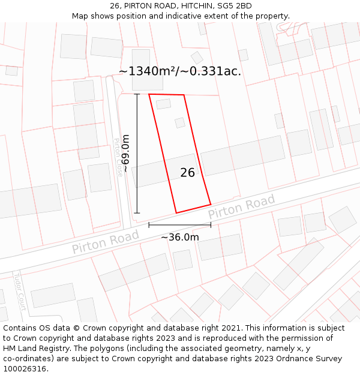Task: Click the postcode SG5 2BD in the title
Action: tap(232, 6)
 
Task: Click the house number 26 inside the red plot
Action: tap(187, 173)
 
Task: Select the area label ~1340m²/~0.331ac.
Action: tap(180, 71)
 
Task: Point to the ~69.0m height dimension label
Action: tap(125, 154)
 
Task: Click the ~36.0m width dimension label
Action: tap(180, 237)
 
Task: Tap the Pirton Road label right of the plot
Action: tap(241, 207)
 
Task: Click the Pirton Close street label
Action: tap(118, 157)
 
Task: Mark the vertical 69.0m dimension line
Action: tap(137, 154)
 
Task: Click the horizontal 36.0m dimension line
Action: tap(180, 225)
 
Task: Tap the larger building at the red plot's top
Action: tap(163, 104)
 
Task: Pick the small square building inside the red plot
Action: tap(180, 122)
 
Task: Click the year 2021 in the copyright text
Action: tap(232, 328)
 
